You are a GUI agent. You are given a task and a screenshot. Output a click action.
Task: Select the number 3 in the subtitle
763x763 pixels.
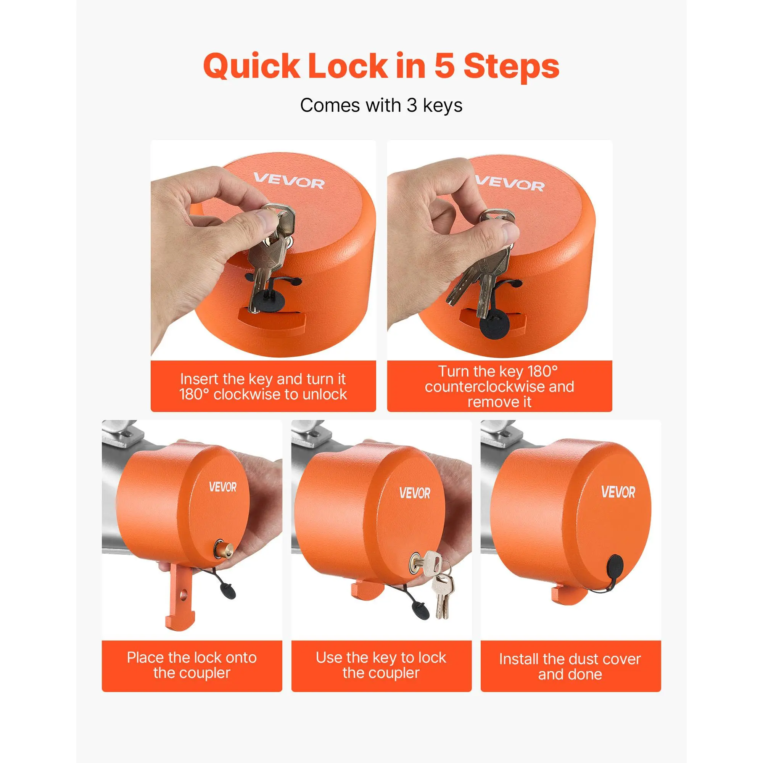pos(412,105)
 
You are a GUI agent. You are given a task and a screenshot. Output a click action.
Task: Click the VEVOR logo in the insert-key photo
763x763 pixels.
pos(289,181)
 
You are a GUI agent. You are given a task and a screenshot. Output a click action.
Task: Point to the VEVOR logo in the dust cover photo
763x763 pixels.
pos(618,492)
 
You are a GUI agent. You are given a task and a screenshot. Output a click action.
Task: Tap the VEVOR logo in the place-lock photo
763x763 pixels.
pos(223,487)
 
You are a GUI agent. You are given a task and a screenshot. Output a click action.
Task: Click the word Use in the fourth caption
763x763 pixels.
pos(327,658)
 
